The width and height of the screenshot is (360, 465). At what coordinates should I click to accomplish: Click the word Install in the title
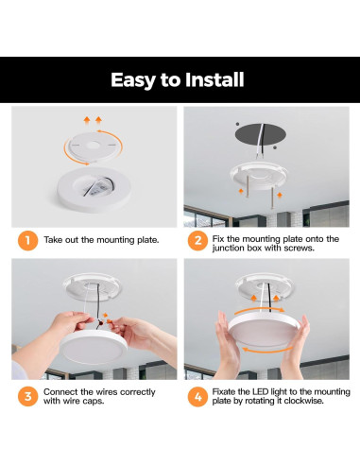pos(214,79)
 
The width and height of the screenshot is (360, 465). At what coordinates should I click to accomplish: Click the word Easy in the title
pos(133,80)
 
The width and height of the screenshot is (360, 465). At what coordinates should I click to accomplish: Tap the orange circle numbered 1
pos(27,240)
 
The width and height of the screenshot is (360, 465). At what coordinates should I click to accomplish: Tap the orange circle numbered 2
pos(197,240)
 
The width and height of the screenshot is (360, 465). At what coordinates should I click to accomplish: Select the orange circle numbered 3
pos(27,396)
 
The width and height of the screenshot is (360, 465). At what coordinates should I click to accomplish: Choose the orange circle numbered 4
pos(197,396)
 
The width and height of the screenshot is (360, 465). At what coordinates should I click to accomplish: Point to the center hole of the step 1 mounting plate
pos(93,146)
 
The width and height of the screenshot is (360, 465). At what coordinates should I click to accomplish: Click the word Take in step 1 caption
pos(53,240)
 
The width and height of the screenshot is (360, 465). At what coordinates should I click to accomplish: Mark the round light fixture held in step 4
pos(264,329)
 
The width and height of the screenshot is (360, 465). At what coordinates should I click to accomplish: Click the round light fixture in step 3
pos(94,346)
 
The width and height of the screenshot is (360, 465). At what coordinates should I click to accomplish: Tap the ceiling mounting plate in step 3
pos(92,287)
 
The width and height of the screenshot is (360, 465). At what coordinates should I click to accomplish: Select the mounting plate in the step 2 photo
pos(259,176)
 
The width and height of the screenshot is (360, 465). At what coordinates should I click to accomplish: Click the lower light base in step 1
pos(94,190)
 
